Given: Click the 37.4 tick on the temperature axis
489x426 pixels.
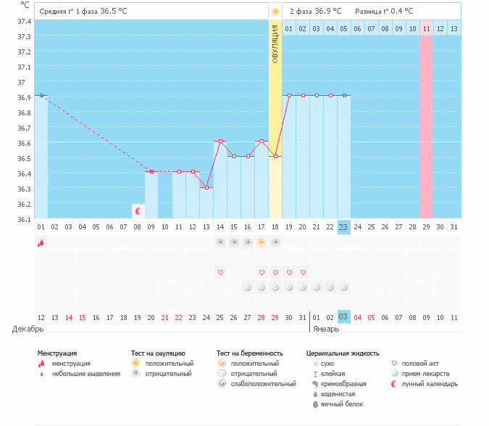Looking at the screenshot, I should (x=25, y=22).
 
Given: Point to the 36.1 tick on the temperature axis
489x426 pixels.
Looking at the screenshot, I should (x=25, y=219).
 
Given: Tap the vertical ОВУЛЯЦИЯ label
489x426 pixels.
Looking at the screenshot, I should (x=275, y=44).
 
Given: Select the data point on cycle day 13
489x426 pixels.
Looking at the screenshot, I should (x=206, y=187).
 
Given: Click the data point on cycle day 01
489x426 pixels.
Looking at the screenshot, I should (x=41, y=95).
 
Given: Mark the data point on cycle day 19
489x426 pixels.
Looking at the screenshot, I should (x=289, y=95).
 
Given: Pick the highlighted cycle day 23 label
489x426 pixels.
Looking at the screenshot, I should (x=344, y=226).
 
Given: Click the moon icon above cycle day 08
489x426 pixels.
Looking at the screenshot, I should (x=138, y=210).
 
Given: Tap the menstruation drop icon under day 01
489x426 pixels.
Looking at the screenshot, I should (x=41, y=243).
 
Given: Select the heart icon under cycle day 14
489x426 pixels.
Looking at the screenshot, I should (x=220, y=272).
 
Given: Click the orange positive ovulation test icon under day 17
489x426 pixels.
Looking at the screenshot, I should (x=262, y=242).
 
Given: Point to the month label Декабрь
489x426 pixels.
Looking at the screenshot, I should (x=28, y=329).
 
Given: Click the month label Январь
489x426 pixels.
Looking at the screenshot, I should (x=326, y=329).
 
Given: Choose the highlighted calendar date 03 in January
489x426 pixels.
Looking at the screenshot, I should (x=344, y=317).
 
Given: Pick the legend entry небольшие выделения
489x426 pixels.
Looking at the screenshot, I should (x=80, y=373).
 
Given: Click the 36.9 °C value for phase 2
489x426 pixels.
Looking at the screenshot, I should (x=326, y=12).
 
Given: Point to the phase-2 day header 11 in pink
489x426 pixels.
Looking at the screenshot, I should (x=426, y=28).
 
